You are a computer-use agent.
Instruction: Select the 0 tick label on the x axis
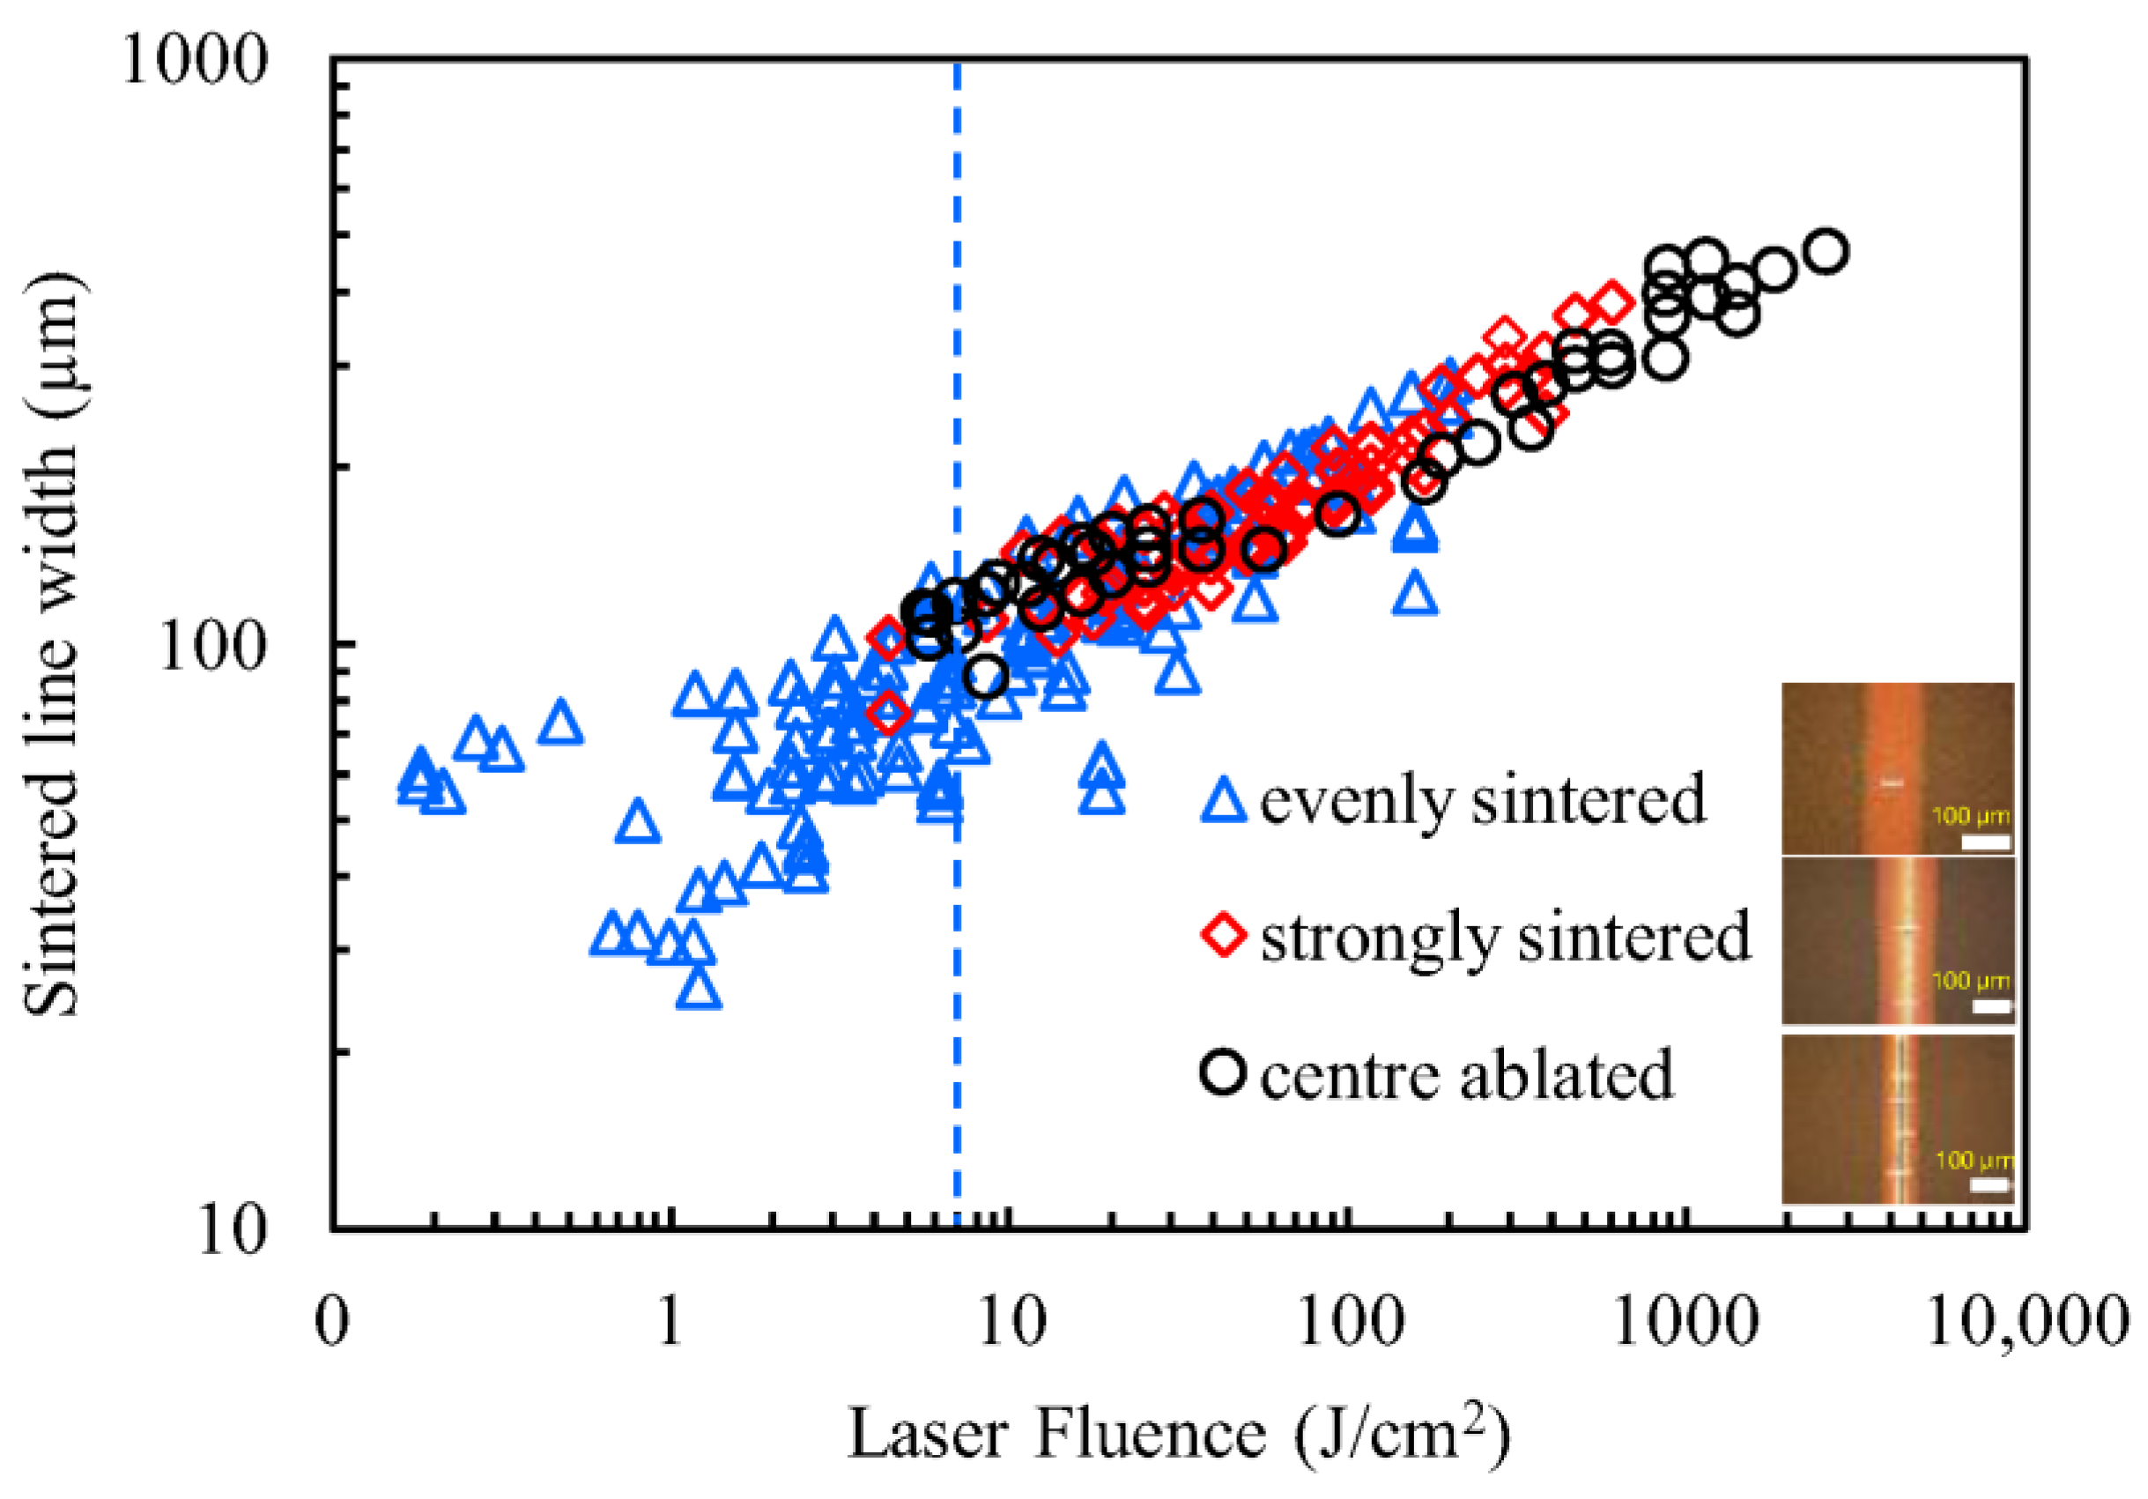tap(332, 1322)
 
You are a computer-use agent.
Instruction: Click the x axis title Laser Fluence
tap(1179, 1433)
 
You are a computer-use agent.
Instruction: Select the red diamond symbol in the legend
tap(1223, 937)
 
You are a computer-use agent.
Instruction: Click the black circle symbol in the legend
tap(1223, 1073)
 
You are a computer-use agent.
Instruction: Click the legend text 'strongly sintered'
tap(1504, 937)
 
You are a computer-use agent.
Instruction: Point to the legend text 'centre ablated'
tap(1466, 1075)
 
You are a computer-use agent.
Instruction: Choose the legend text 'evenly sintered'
tap(1483, 801)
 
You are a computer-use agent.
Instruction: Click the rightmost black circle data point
tap(1827, 251)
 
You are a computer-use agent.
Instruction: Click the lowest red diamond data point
tap(887, 713)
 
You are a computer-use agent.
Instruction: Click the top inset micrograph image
tap(1897, 768)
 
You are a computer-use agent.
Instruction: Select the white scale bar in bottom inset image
tap(1991, 1184)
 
